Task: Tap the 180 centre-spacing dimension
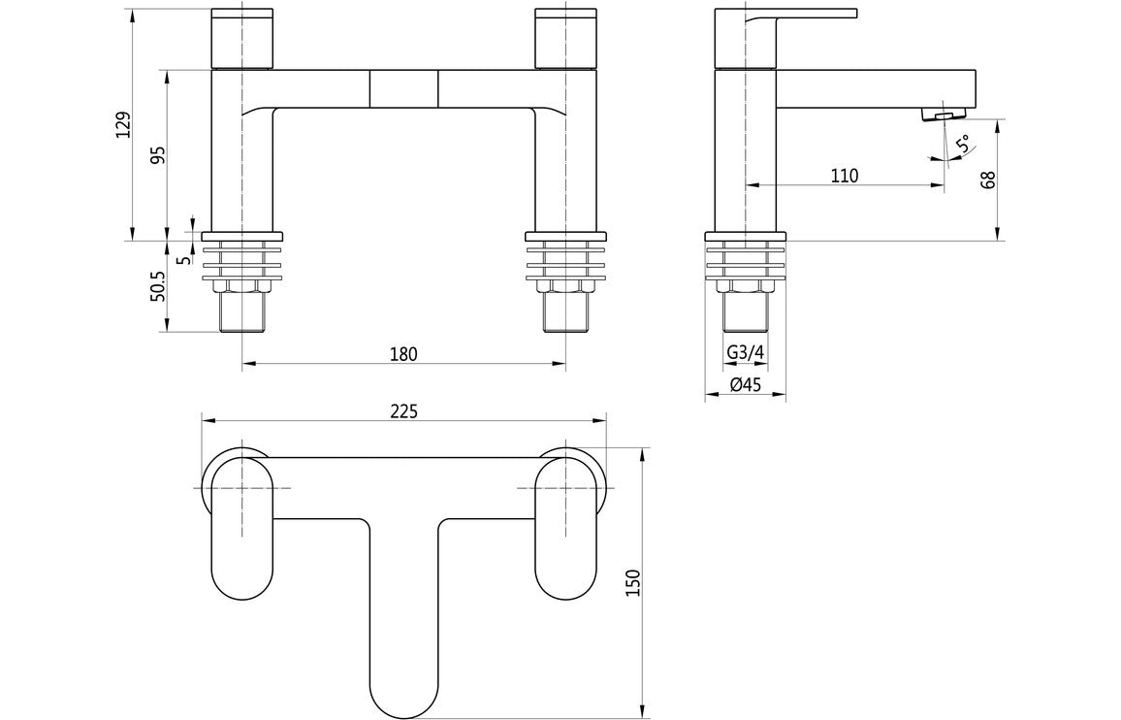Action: click(403, 354)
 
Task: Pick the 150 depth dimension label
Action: click(633, 581)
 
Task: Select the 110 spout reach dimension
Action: click(844, 176)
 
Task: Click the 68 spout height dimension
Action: click(988, 180)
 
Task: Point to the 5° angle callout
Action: click(962, 147)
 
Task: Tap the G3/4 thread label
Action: click(745, 352)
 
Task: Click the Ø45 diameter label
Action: click(745, 385)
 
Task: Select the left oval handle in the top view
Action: click(242, 527)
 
